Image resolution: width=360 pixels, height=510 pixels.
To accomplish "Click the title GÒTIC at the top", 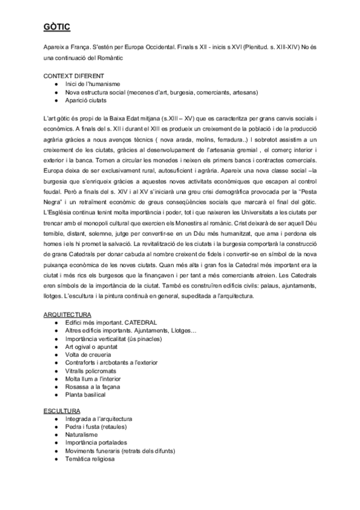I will click(x=58, y=26).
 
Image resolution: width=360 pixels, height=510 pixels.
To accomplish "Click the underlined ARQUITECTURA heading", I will click(x=67, y=315).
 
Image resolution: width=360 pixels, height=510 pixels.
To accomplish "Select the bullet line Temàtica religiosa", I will click(x=90, y=459).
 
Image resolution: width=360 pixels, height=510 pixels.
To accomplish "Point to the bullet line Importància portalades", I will click(x=97, y=443).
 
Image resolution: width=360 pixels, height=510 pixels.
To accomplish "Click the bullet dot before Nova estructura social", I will click(x=56, y=93).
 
